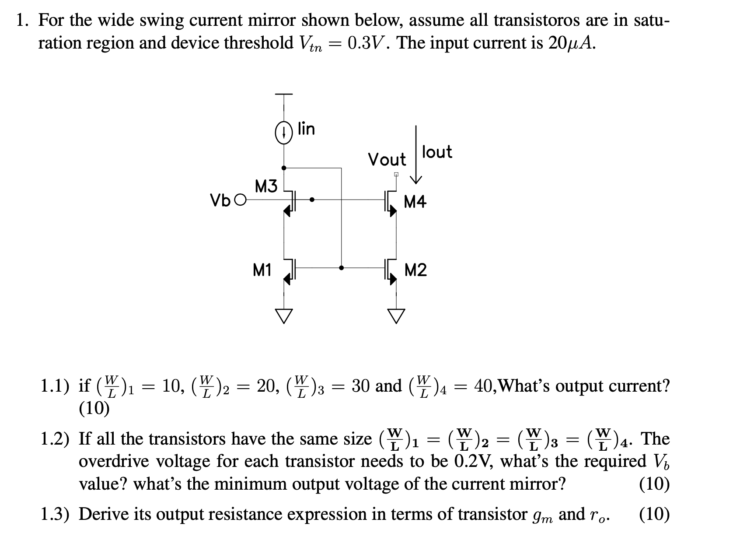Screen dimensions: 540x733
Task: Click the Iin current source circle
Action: click(x=283, y=134)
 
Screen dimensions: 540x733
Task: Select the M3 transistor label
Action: click(x=266, y=187)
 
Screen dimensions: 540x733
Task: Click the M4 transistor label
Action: click(x=415, y=202)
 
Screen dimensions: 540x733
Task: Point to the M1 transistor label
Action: click(x=262, y=270)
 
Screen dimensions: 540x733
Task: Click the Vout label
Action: click(x=387, y=159)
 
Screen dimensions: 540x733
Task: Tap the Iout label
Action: click(x=437, y=152)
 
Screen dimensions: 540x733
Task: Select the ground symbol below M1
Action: click(x=283, y=315)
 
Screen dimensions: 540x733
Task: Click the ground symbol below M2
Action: click(x=396, y=315)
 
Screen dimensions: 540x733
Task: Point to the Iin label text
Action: click(x=306, y=129)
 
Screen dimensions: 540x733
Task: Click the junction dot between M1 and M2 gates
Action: click(x=341, y=268)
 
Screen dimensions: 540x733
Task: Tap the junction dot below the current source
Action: click(x=283, y=168)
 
